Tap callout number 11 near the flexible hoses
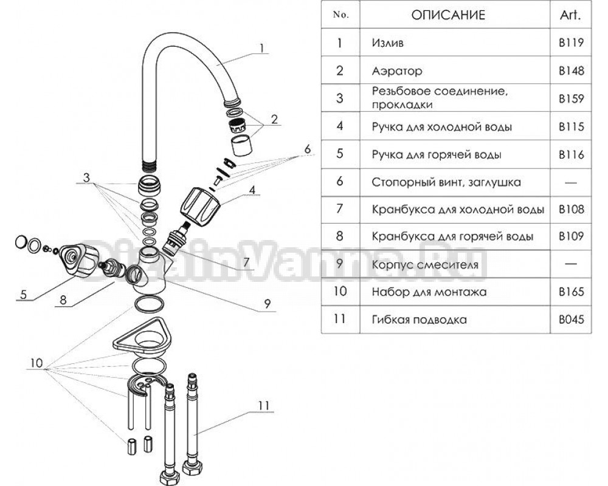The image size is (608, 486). pos(262,404)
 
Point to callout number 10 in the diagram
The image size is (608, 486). pos(35,363)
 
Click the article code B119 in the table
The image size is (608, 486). pos(571,43)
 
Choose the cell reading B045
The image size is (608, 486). pos(571,320)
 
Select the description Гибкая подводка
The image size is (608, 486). pos(419,320)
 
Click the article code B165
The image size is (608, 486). pos(571,292)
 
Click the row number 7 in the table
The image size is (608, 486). pos(340,210)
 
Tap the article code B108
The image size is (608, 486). pos(571,210)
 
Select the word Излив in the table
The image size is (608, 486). pos(387,43)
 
